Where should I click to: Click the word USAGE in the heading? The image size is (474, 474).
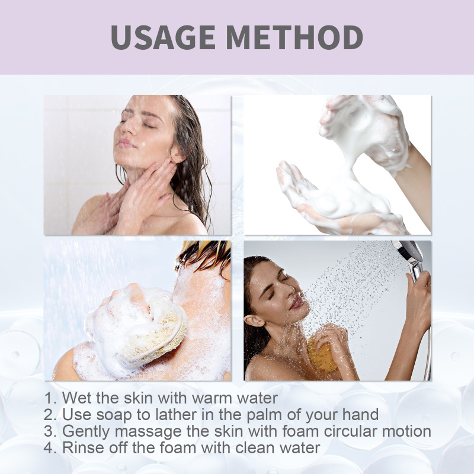coord(163,37)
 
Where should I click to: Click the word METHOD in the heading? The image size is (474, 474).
coord(294,37)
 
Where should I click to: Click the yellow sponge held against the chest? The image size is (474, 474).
coord(321,354)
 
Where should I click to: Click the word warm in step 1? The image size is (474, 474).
coord(212,398)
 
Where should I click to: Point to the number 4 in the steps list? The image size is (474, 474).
coord(49,448)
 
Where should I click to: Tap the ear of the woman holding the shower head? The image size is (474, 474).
coord(254,321)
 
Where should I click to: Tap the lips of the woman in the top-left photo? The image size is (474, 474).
coord(125,143)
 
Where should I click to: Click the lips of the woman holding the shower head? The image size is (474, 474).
coord(297,302)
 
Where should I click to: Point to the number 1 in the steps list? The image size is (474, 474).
coord(49,398)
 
